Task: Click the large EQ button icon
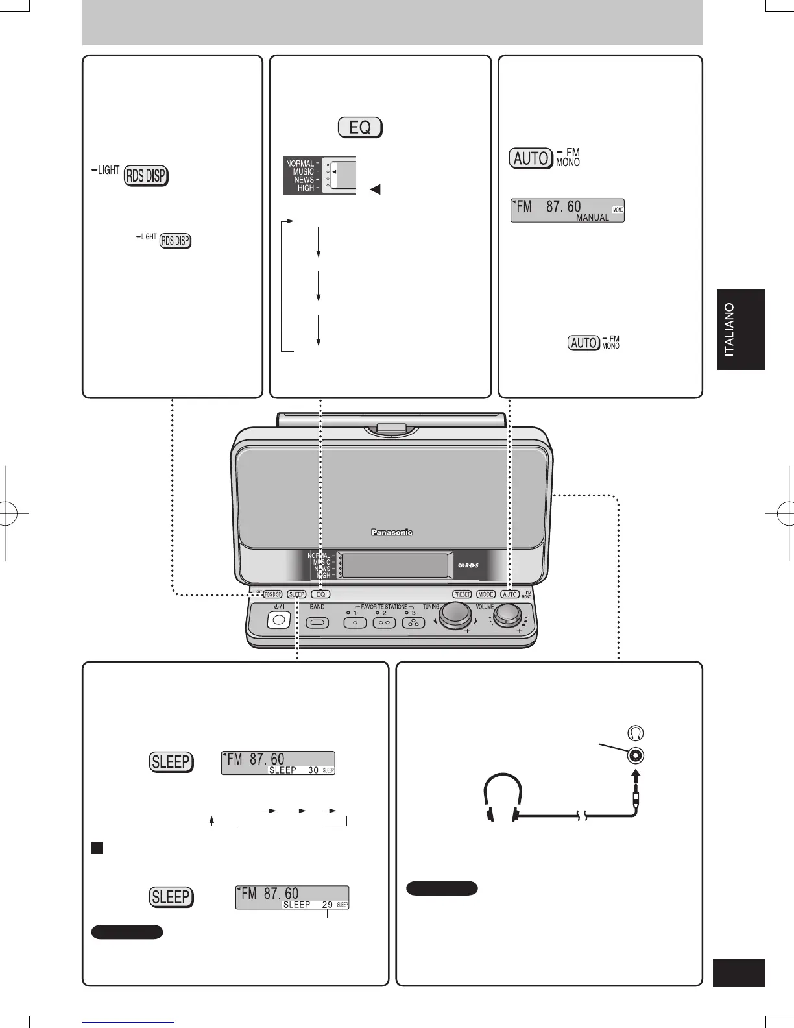click(360, 127)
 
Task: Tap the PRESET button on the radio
click(462, 594)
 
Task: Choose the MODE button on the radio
click(485, 594)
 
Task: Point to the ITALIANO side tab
click(741, 329)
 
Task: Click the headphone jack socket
click(635, 756)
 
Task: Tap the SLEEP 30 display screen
click(278, 763)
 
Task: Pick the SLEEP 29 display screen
click(292, 897)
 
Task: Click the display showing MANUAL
click(567, 210)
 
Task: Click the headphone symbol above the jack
click(635, 733)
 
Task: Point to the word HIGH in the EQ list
click(306, 188)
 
